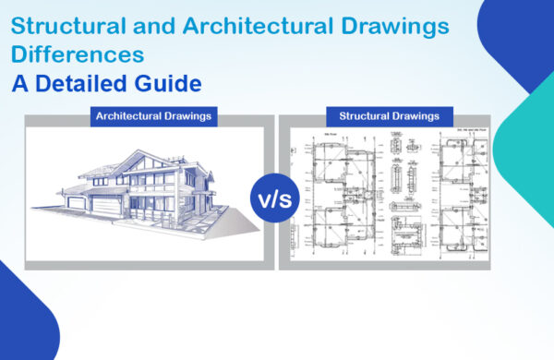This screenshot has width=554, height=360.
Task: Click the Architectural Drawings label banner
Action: point(153,117)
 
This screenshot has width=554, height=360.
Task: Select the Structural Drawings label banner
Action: point(395,117)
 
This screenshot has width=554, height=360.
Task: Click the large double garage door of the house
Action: point(101,209)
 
